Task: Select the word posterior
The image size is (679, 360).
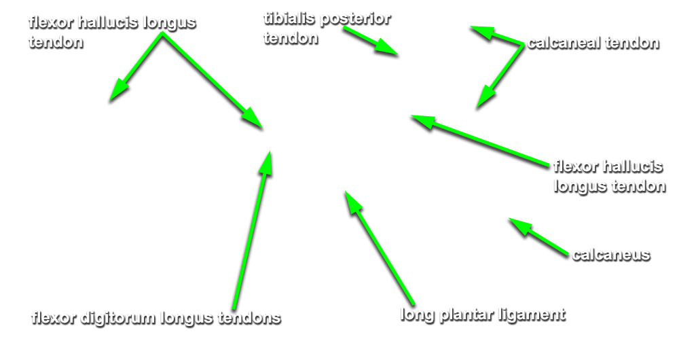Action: point(355,20)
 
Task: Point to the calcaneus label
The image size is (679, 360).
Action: point(611,255)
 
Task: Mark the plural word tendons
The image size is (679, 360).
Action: point(249,319)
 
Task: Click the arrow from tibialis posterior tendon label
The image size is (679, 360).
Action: point(371,41)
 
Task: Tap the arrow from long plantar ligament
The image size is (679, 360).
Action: point(380,248)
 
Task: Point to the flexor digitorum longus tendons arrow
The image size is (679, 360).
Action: point(252,230)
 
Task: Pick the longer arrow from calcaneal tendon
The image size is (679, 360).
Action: point(500,76)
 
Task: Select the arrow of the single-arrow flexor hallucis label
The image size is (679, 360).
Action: point(479,141)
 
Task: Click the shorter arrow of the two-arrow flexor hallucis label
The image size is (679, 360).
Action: point(136,67)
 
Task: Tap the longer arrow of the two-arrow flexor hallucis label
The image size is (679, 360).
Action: point(212,81)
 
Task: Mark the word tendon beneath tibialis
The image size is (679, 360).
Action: point(291,39)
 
